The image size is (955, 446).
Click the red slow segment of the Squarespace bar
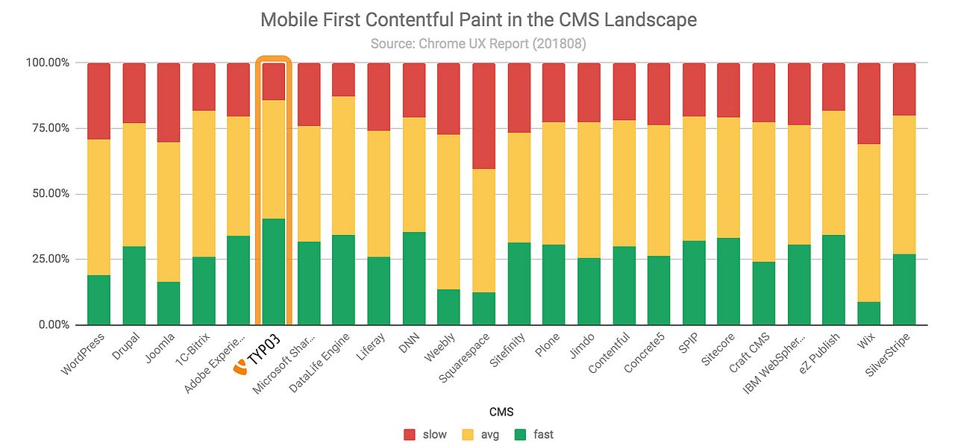click(483, 116)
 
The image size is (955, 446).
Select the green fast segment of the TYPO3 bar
click(273, 271)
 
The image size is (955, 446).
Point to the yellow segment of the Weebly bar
click(448, 212)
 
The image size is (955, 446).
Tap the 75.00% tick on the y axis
click(48, 128)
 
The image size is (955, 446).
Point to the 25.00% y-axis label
click(48, 259)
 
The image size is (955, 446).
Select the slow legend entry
click(425, 434)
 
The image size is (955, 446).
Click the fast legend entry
click(534, 434)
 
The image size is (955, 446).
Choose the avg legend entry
click(481, 434)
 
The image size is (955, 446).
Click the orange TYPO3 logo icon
click(240, 367)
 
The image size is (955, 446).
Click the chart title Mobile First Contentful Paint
click(478, 19)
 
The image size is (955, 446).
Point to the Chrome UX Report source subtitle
click(478, 43)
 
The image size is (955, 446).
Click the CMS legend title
click(478, 412)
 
